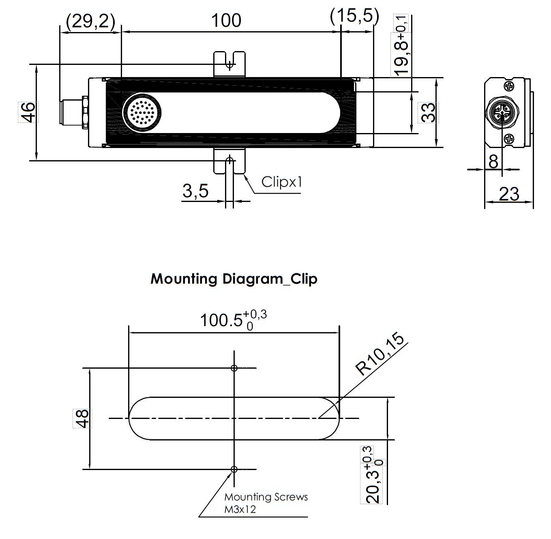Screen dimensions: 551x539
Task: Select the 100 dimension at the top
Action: pos(226,20)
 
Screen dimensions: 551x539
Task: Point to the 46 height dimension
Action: pos(28,112)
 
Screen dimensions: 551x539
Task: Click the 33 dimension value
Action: pos(428,112)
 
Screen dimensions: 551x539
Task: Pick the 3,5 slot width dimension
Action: pos(195,190)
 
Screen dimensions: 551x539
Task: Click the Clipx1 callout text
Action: pos(282,182)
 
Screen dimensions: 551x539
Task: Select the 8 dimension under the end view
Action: pos(493,161)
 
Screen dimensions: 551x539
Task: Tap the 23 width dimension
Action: pos(509,194)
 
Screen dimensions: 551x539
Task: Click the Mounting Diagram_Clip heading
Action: pos(234,279)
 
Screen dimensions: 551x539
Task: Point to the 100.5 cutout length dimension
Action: pos(233,320)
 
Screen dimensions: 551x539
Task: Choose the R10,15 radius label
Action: pos(380,354)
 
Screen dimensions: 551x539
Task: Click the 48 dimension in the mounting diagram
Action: pos(82,418)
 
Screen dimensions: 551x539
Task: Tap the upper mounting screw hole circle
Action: pos(234,368)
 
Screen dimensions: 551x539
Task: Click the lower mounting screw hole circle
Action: pos(234,469)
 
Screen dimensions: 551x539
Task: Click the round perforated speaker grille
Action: pos(142,112)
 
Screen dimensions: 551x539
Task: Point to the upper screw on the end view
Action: pos(509,86)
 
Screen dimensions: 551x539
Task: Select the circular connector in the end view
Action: pos(502,112)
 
